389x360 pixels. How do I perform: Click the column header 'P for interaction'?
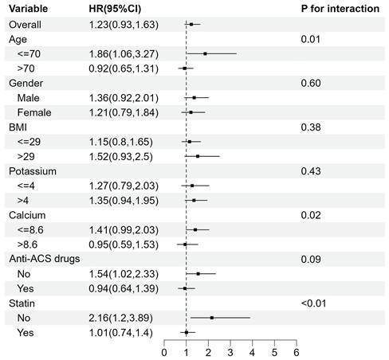coord(340,9)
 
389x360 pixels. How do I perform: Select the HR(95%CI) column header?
coord(115,9)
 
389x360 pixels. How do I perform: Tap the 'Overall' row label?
coord(25,25)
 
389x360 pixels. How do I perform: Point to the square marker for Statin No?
coord(212,318)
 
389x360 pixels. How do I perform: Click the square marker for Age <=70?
coord(205,53)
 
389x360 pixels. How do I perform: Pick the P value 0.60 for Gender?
coord(311,84)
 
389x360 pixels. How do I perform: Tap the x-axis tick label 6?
coord(297,353)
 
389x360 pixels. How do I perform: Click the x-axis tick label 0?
coord(164,353)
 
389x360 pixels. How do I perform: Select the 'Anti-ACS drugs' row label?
coord(45,259)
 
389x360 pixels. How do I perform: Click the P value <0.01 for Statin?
coord(313,303)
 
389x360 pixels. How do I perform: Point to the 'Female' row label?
coord(34,112)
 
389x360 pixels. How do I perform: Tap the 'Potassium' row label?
coord(33,171)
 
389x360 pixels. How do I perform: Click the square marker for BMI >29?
coord(198,156)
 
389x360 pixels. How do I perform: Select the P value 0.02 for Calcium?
coord(311,215)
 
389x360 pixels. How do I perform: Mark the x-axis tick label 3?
coord(230,353)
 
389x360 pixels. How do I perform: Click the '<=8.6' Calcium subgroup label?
coord(30,230)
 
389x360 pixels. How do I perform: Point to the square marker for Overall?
coord(191,25)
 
